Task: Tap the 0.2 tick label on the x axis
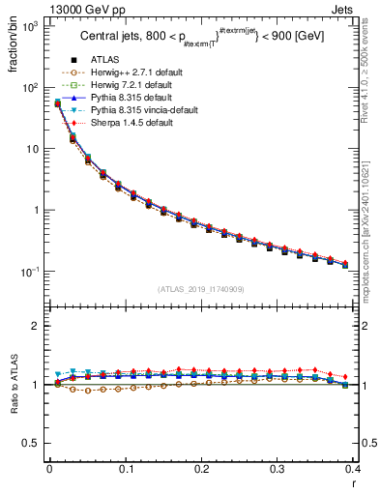[201, 469]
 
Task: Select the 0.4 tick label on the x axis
[353, 469]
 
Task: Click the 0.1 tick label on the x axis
[126, 469]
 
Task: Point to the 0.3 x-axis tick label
[277, 469]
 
